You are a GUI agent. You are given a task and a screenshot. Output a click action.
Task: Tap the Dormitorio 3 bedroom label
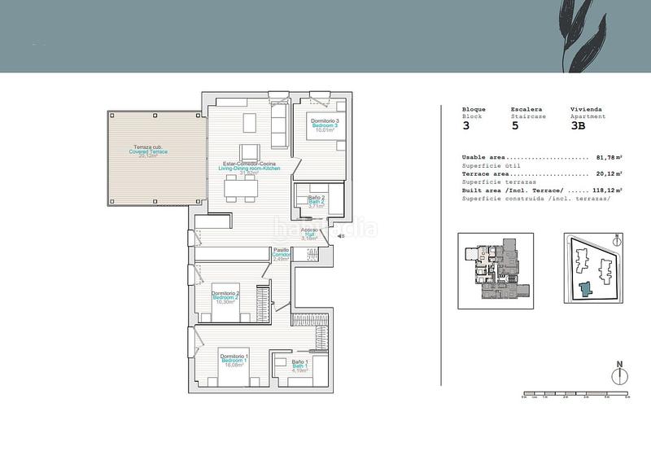click(x=324, y=124)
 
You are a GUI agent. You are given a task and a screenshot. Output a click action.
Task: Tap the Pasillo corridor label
click(x=282, y=253)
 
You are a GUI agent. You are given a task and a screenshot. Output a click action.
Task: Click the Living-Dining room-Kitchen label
click(x=255, y=168)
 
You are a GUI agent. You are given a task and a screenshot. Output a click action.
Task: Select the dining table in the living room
click(x=242, y=188)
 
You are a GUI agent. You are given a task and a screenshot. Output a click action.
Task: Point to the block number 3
click(x=466, y=125)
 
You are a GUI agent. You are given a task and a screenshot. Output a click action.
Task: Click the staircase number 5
click(x=514, y=125)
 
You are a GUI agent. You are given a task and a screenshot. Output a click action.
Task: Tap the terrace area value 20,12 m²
click(x=607, y=173)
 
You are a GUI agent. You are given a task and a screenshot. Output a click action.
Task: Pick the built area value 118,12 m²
click(x=605, y=190)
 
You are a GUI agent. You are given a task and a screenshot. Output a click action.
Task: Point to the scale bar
click(x=575, y=395)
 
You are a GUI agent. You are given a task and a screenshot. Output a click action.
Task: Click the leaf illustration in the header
click(x=590, y=33)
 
